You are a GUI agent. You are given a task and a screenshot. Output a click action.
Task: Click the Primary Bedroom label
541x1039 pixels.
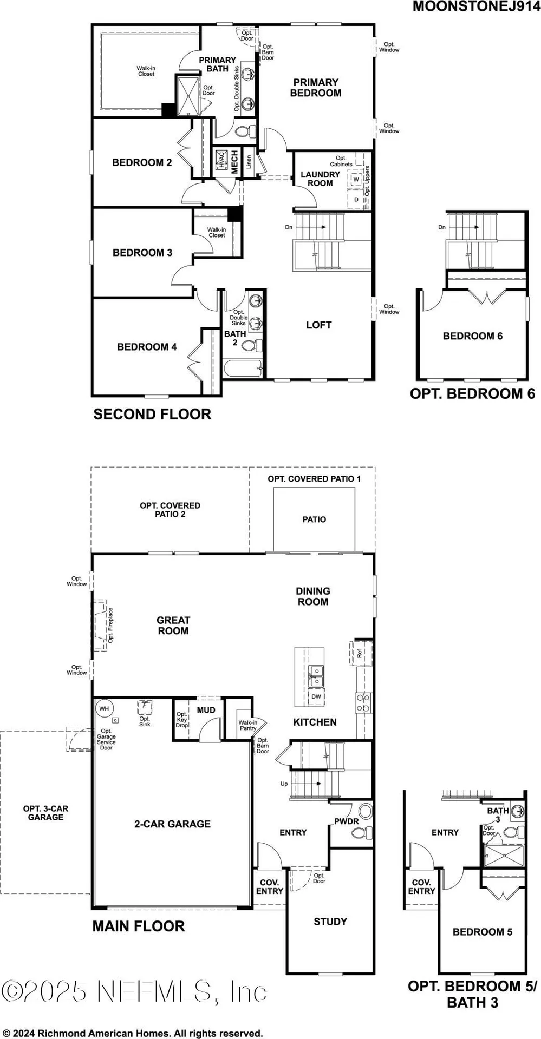(x=316, y=88)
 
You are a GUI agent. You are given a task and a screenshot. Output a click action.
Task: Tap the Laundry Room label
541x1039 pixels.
(x=320, y=179)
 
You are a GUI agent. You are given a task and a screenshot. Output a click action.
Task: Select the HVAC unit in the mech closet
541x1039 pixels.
(x=221, y=161)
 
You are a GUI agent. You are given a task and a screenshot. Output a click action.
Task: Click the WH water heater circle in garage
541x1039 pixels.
(x=104, y=708)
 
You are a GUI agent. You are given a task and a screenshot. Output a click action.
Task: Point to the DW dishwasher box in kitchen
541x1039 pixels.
(x=316, y=697)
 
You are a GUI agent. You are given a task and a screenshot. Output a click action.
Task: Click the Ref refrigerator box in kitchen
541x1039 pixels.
(x=360, y=653)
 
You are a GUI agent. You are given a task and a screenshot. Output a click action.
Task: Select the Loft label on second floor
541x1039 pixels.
(x=318, y=325)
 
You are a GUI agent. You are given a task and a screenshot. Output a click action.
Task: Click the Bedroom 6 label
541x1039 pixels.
(x=472, y=336)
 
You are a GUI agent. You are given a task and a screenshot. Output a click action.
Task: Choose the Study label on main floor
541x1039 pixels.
(x=330, y=922)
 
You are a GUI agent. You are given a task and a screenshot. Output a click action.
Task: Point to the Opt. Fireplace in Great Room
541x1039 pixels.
(x=101, y=626)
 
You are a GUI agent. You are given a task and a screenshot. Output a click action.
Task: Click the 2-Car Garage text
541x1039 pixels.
(x=172, y=824)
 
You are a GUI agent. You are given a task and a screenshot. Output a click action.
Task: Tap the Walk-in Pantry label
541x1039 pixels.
(x=248, y=725)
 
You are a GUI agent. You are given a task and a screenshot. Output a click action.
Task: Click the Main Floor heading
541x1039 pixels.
(x=139, y=926)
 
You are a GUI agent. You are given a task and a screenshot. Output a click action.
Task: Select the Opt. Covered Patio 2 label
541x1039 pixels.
(x=170, y=509)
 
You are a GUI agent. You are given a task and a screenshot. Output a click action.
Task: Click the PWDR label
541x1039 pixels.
(x=346, y=821)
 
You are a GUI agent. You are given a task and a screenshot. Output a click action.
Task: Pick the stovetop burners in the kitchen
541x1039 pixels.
(x=363, y=702)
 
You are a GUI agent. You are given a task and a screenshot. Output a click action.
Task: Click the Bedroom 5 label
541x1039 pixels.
(x=482, y=932)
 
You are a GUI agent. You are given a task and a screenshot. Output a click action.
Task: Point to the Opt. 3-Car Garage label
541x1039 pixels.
(x=45, y=813)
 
